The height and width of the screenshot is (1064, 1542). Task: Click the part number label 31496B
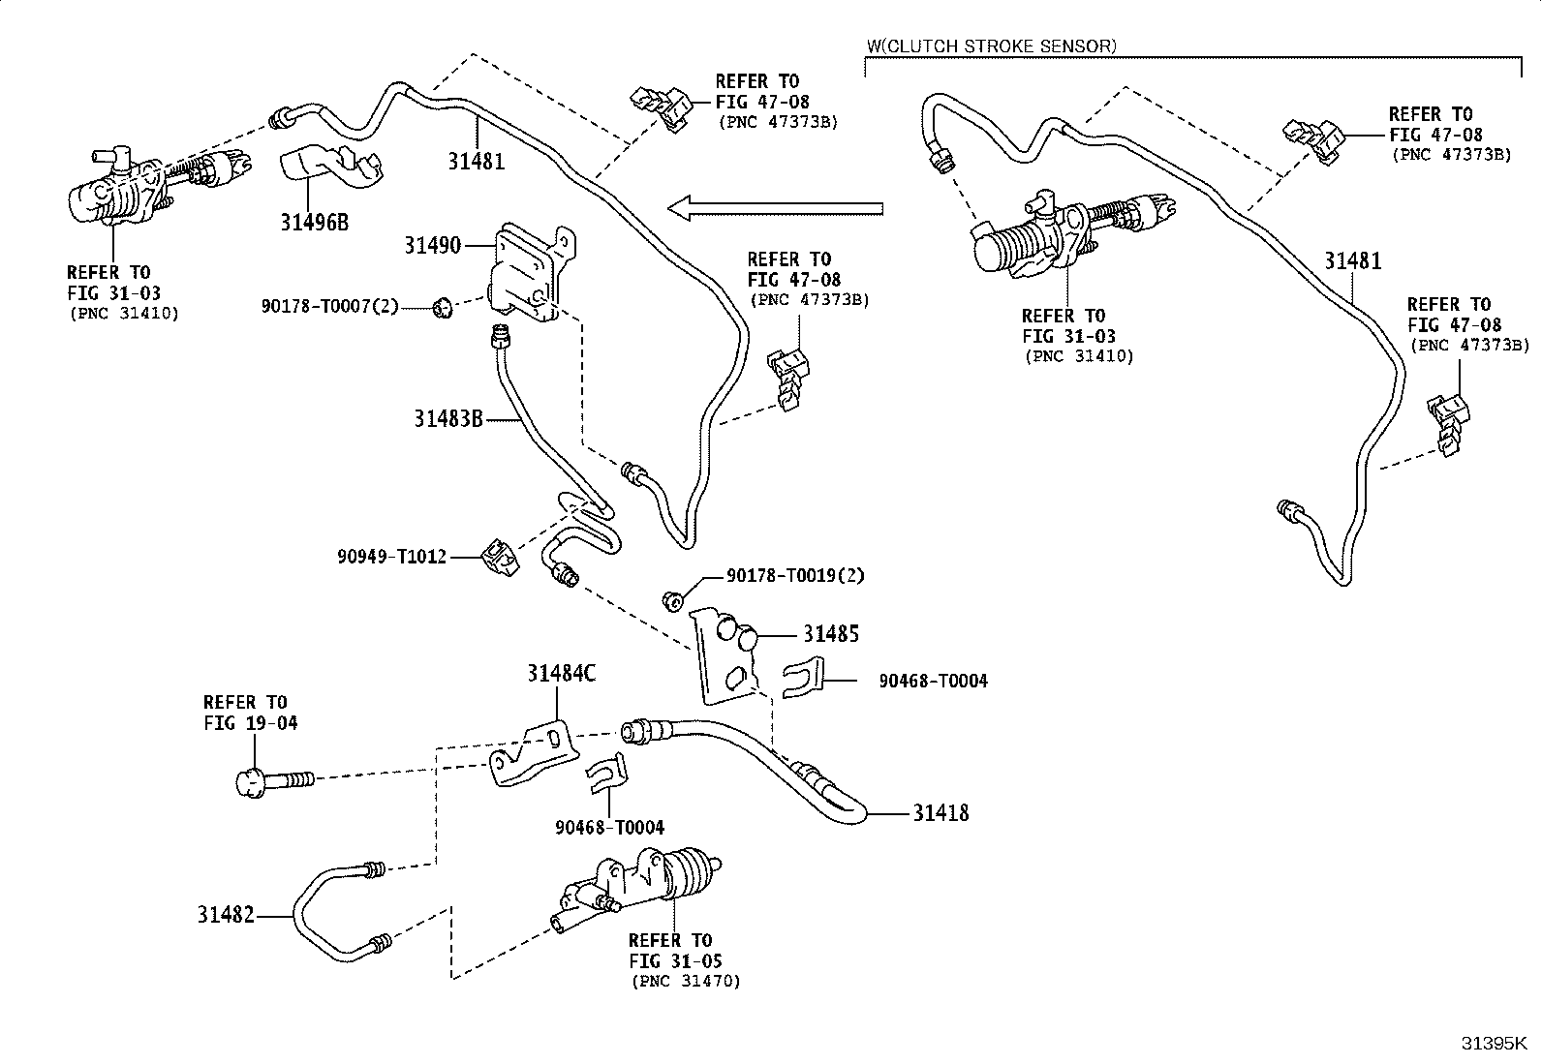pos(314,223)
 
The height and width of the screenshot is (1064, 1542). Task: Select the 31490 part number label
pos(432,245)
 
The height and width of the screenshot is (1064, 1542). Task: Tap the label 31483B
pos(448,418)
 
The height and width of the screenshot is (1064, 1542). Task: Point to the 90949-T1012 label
pos(391,556)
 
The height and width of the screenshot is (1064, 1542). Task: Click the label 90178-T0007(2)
pos(329,306)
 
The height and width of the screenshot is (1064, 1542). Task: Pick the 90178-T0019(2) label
pos(795,575)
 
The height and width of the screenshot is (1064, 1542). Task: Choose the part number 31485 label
pos(832,633)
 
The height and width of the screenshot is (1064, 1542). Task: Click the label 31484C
pos(562,673)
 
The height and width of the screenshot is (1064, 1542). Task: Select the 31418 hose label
pos(941,813)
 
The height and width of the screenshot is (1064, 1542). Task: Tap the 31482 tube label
pos(226,915)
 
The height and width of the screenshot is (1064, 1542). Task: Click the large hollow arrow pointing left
pos(775,208)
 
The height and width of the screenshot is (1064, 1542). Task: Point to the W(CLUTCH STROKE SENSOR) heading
pos(991,46)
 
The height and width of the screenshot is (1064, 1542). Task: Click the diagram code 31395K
pos(1494,1044)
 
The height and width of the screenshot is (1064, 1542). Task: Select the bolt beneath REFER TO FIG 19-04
pos(275,782)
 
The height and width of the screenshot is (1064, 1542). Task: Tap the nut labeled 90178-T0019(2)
pos(672,601)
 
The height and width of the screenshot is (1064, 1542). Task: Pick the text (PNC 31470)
pos(686,981)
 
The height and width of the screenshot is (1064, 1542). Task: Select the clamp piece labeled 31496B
pos(330,167)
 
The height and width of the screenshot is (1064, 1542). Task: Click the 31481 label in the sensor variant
pos(1353,260)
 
